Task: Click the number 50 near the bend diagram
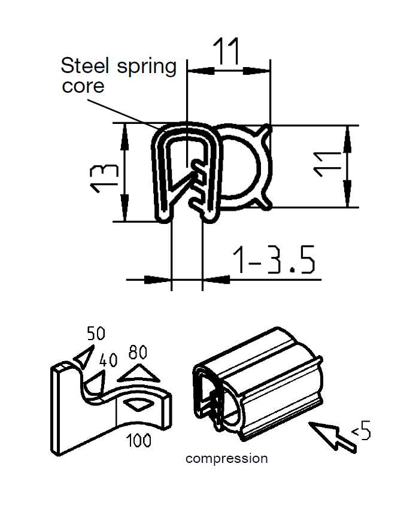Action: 96,334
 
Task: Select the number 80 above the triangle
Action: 138,352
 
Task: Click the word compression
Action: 226,459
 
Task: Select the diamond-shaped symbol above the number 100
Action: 138,405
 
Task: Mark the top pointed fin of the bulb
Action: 266,129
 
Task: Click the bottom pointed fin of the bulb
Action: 266,204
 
